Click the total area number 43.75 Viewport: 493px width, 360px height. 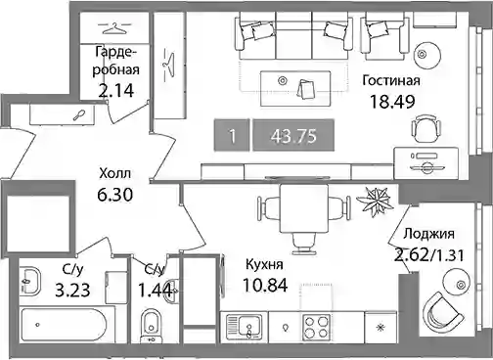(x=293, y=136)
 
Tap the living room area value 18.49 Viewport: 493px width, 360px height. (x=392, y=102)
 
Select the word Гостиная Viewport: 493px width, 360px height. (x=391, y=80)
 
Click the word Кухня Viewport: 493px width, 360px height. (x=264, y=265)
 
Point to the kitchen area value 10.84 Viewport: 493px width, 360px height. (x=265, y=285)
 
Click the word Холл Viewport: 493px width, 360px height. (x=115, y=173)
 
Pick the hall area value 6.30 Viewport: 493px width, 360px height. (x=114, y=195)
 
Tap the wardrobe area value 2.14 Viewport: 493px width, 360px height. (x=116, y=91)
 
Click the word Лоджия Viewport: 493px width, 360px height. (x=428, y=234)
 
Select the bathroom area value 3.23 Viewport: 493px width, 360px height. (x=72, y=291)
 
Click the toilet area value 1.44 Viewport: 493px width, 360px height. (x=155, y=291)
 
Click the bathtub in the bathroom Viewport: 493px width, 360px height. (x=64, y=325)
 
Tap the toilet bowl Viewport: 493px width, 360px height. (x=151, y=325)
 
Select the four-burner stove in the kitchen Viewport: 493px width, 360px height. (x=316, y=327)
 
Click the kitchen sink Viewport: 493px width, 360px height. (x=244, y=327)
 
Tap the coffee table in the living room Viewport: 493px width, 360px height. (x=295, y=88)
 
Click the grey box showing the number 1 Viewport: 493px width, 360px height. (x=232, y=136)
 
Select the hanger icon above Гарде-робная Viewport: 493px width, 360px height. (x=114, y=27)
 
